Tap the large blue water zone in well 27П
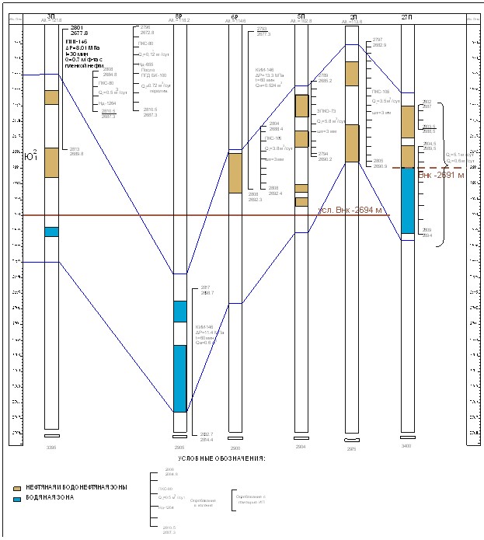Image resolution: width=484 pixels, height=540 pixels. coord(407,200)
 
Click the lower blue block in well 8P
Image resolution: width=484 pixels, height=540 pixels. coord(179,378)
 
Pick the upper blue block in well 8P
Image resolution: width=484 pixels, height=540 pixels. coord(179,311)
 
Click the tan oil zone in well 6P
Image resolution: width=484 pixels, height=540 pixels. coord(235,172)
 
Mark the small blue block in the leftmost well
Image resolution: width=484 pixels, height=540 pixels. coord(51,232)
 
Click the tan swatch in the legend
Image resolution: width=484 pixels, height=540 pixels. coord(18,487)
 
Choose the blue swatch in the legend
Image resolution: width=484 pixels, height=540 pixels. coord(18,497)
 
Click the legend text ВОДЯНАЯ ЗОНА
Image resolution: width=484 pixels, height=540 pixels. coord(50,497)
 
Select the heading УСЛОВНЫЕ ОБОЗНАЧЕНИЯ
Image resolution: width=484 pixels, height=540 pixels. coord(221,458)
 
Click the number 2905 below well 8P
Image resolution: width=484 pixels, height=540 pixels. coord(179,448)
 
